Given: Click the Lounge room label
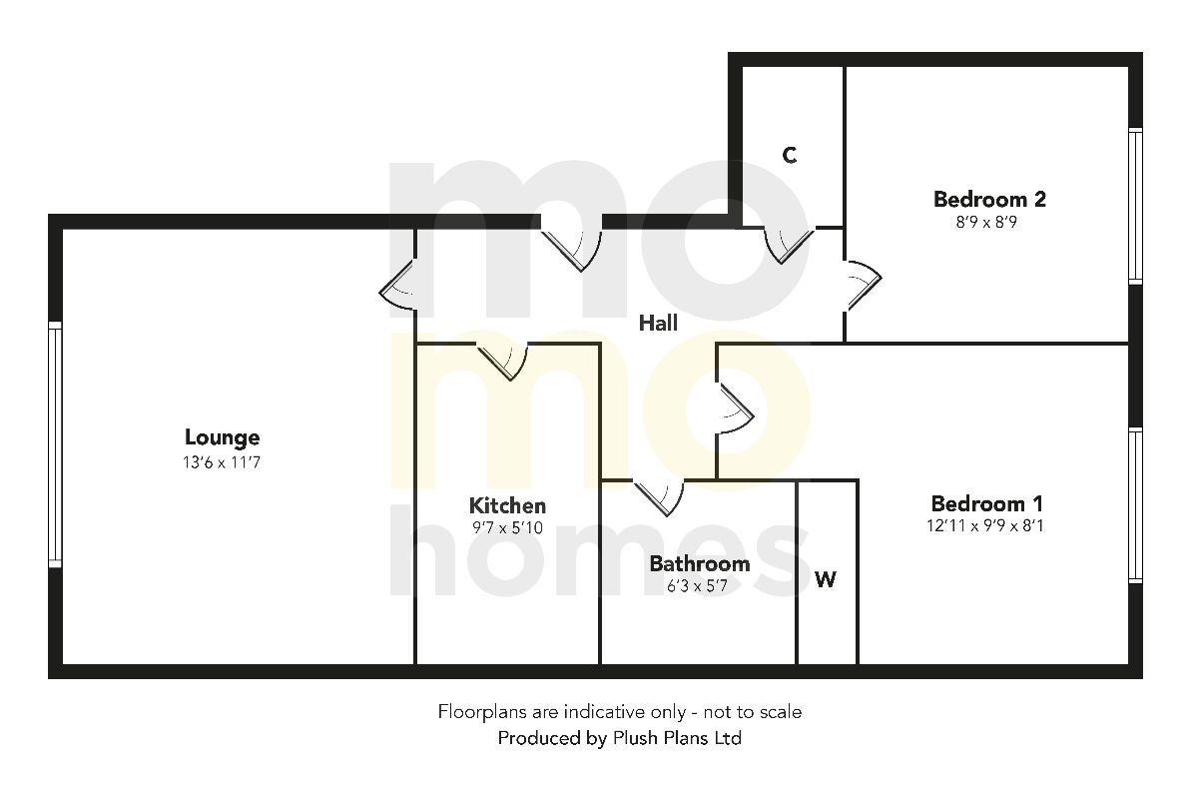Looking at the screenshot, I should coord(222,437).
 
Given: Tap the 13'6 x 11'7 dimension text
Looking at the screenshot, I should coord(222,462).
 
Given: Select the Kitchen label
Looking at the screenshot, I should coord(508,505).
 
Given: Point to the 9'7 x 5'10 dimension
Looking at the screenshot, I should coord(508,528).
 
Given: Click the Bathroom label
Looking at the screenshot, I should coord(699,564).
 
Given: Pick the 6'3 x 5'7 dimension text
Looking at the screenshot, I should coord(699,587).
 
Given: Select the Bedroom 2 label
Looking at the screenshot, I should coord(989,199).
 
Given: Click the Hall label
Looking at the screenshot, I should coord(658,323).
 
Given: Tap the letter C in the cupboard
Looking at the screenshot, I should coord(790,155).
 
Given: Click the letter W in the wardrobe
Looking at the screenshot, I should coord(826,579).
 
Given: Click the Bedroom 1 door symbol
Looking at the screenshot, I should coord(734,408).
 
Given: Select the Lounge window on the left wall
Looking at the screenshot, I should coord(55,445).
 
